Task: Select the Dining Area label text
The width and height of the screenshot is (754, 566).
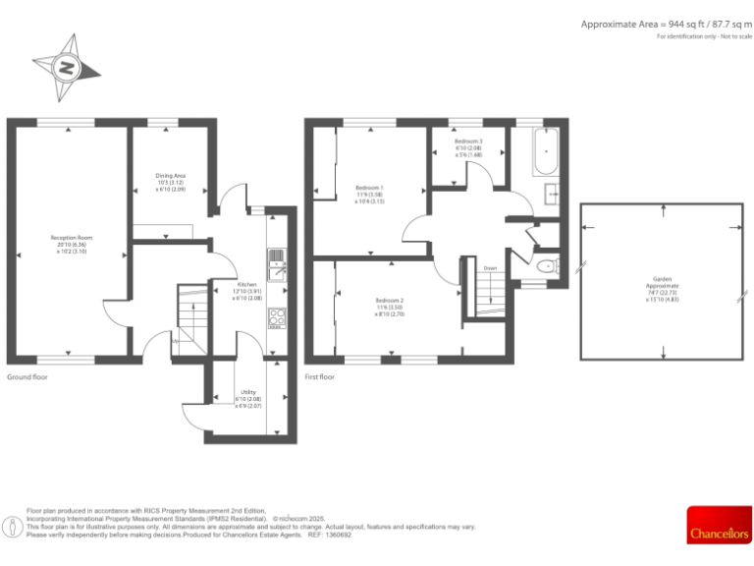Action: [170, 182]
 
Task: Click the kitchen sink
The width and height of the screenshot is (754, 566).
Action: [276, 260]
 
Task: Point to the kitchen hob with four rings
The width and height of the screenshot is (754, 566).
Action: [276, 317]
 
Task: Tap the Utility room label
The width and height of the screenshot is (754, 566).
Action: [247, 399]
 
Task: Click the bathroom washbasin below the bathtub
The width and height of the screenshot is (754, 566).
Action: [552, 192]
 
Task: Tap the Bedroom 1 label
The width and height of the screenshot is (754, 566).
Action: [369, 194]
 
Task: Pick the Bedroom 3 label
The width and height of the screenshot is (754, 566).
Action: [468, 148]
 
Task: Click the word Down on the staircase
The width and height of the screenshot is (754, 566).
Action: [488, 268]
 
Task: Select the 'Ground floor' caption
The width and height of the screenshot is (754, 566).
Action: [27, 377]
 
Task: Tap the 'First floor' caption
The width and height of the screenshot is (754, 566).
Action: [320, 377]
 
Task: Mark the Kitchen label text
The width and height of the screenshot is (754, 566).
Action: [246, 291]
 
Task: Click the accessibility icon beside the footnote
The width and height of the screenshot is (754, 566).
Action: [13, 527]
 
